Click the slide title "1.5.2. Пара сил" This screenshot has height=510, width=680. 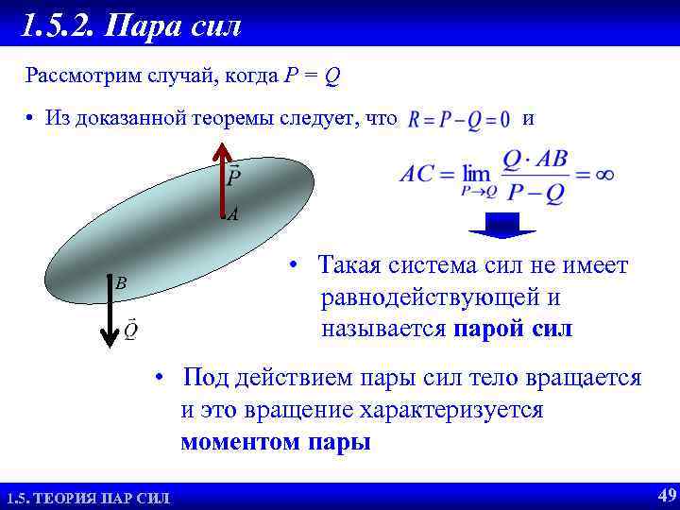132,25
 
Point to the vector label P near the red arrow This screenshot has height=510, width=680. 234,176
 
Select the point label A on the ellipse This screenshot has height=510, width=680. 232,215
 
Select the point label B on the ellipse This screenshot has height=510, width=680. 121,282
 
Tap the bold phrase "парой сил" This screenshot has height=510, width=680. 513,330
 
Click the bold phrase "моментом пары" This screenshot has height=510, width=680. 276,442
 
